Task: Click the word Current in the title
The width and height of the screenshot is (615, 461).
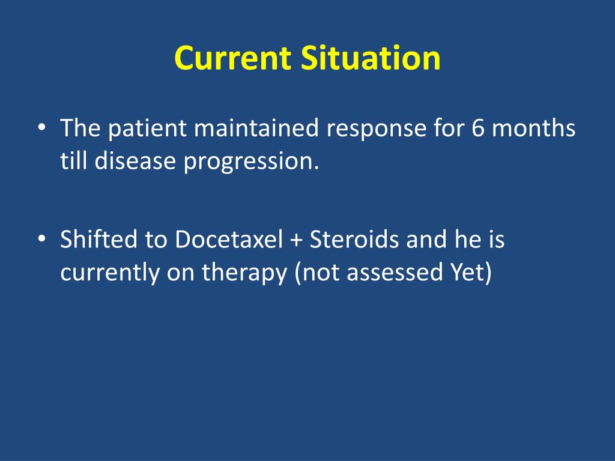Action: click(x=232, y=58)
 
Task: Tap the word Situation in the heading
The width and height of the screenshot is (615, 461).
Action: click(x=371, y=58)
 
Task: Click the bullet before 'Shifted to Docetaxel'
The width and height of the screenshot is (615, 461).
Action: click(x=41, y=239)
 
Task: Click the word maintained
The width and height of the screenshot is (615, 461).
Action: click(x=256, y=128)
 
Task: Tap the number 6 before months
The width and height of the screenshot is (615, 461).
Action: click(x=477, y=128)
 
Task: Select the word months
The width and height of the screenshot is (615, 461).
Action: click(x=533, y=128)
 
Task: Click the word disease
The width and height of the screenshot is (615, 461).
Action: click(x=135, y=161)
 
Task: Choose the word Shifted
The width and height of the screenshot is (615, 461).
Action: click(x=99, y=239)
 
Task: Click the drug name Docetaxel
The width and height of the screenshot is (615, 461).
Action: click(x=229, y=240)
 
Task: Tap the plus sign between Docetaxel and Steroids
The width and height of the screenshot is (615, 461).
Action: click(x=297, y=241)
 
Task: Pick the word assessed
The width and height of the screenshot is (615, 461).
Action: click(x=395, y=273)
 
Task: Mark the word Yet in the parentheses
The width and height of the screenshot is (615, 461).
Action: click(x=467, y=273)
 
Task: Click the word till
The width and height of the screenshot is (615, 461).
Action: click(x=73, y=161)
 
